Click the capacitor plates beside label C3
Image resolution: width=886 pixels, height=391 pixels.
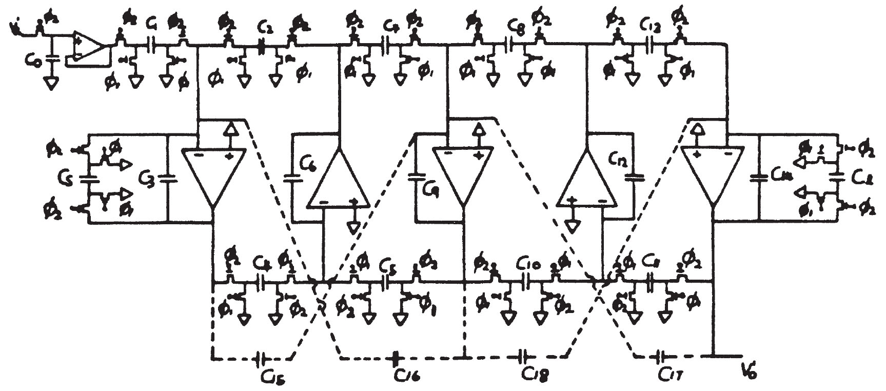(x=167, y=178)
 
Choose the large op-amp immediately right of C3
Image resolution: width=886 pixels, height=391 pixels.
(x=212, y=175)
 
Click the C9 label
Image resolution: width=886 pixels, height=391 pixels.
(x=430, y=190)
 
